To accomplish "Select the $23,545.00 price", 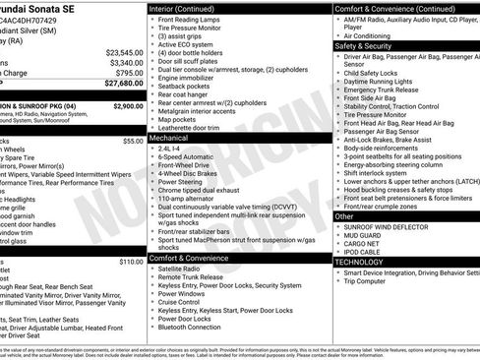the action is click(124, 52).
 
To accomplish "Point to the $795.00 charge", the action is click(127, 74).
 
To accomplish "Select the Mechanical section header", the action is click(169, 140).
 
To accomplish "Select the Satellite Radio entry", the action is click(186, 268).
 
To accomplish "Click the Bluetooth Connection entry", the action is click(196, 328).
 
